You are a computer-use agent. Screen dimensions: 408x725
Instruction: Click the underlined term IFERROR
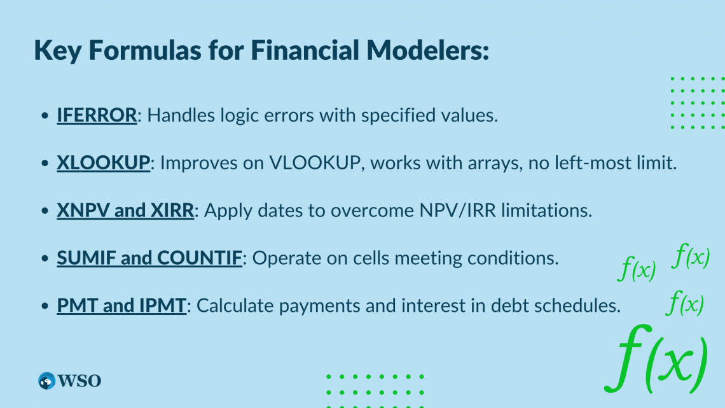(97, 115)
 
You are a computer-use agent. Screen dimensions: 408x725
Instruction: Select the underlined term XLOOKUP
(104, 163)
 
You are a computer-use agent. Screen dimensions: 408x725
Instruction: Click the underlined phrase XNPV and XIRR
(125, 211)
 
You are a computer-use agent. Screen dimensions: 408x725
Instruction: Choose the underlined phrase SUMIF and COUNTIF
(149, 258)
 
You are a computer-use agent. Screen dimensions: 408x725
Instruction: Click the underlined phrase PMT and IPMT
(121, 306)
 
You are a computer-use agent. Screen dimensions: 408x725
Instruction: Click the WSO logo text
(79, 381)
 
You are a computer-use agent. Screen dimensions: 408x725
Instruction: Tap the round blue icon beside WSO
(47, 381)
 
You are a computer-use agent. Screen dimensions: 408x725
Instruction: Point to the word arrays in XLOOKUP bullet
(478, 163)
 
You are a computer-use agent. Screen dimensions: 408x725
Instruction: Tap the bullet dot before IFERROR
(44, 116)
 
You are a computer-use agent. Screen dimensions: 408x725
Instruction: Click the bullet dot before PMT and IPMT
(44, 307)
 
